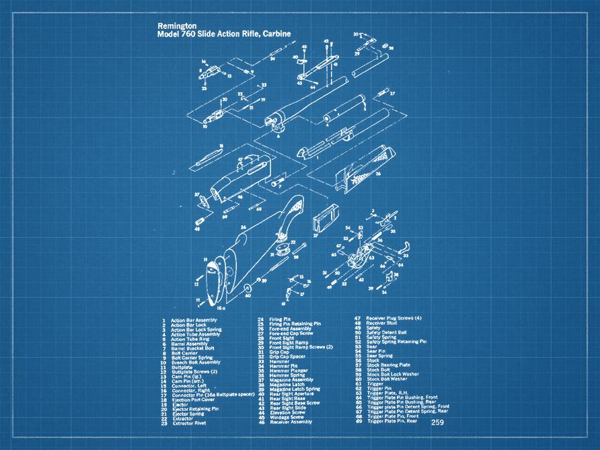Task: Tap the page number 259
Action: click(438, 422)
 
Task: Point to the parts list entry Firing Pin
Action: click(279, 320)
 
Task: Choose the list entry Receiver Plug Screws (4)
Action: click(393, 317)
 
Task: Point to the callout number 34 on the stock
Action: click(241, 227)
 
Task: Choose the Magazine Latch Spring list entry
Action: click(294, 389)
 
